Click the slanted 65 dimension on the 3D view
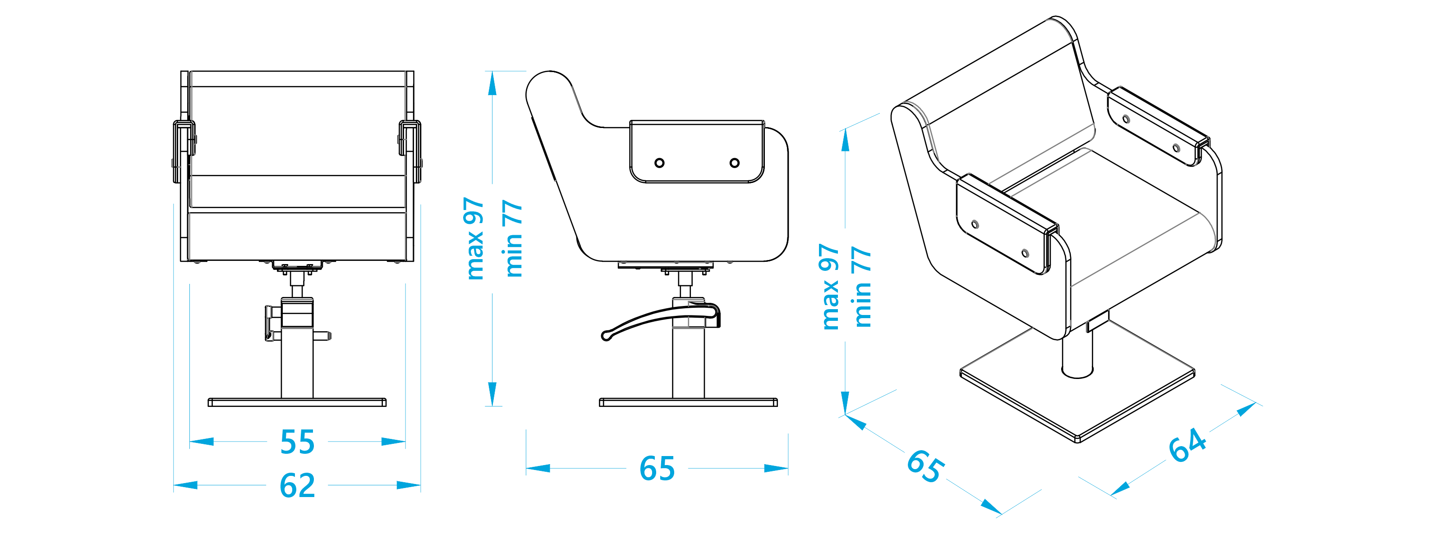point(925,466)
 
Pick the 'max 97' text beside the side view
point(474,238)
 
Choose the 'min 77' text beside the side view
point(512,238)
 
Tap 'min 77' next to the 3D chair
point(861,287)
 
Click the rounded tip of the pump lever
point(606,336)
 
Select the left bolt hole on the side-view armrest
point(660,163)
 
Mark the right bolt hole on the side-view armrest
point(735,163)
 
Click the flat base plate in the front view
point(297,402)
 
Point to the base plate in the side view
point(689,402)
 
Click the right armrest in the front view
point(410,151)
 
